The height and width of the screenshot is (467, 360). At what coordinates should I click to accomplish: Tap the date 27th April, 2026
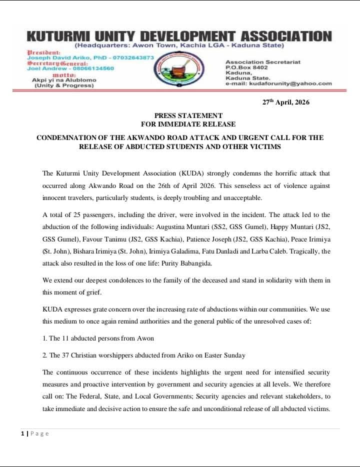point(286,102)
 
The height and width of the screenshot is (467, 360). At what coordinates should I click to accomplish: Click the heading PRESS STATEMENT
point(188,116)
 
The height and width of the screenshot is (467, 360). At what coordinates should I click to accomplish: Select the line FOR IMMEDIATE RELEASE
point(188,124)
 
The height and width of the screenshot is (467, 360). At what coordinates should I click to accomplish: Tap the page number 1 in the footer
point(23,433)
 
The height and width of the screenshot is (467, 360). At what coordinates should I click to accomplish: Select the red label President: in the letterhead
point(43,52)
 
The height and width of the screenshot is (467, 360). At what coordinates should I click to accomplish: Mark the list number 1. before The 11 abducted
point(45,338)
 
